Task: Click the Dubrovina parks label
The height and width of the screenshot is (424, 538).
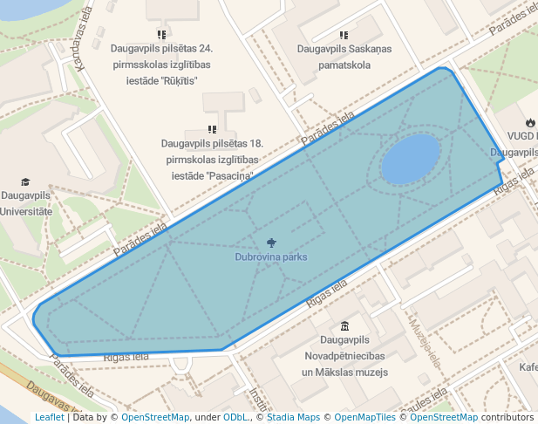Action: click(270, 257)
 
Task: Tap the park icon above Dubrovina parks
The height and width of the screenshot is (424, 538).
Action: click(271, 242)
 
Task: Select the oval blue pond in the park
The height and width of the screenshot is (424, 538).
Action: click(410, 159)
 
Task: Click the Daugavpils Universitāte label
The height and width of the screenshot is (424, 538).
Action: click(26, 204)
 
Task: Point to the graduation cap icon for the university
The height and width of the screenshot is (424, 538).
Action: click(25, 181)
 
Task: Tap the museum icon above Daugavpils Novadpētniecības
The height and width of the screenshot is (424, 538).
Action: click(345, 325)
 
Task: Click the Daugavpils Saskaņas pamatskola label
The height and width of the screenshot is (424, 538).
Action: click(344, 57)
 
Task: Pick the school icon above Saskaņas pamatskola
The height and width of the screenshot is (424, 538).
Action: click(344, 36)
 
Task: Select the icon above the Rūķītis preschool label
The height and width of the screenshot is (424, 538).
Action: click(162, 36)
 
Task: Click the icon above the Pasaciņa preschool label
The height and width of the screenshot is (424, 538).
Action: click(212, 129)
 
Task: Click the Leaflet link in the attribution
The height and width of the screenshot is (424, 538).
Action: click(49, 417)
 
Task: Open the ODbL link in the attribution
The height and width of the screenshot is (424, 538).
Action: click(235, 417)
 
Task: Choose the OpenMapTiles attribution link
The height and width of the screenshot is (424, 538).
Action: click(365, 417)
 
